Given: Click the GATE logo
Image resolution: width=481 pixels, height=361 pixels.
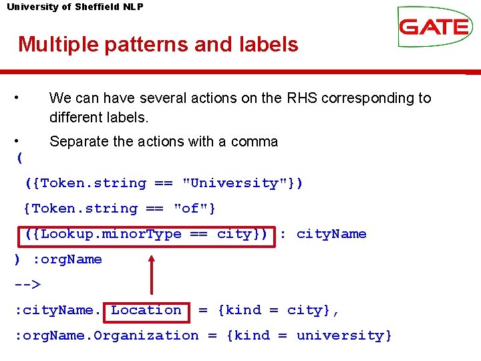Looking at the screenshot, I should click(x=434, y=27).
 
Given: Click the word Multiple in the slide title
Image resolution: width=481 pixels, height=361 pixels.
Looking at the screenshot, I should click(x=58, y=45).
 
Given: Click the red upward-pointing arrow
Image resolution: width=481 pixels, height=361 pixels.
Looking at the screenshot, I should click(x=152, y=273).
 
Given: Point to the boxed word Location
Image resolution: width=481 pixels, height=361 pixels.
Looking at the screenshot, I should click(x=146, y=310).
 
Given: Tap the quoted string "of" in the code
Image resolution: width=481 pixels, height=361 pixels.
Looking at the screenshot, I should click(x=190, y=209).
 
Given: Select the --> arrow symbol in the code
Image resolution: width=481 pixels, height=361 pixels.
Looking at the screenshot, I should click(x=27, y=284).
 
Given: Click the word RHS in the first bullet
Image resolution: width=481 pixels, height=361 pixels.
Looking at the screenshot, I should click(x=301, y=98).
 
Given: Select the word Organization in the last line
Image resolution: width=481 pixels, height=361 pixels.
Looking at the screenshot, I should click(x=146, y=336).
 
